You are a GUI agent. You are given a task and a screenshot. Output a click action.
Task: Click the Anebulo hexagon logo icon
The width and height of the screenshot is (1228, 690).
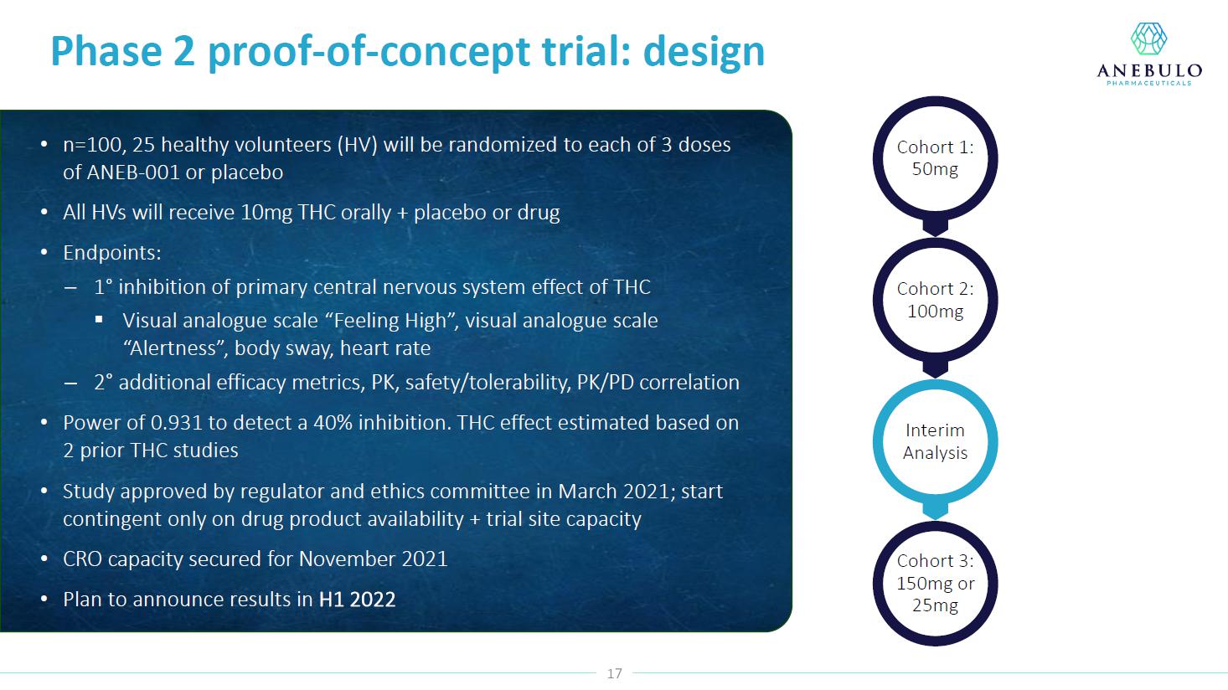pos(1149,39)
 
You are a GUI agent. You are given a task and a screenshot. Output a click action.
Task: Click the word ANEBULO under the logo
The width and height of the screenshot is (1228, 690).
pos(1149,70)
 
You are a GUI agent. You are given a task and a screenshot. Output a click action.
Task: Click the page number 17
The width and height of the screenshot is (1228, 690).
pos(615,673)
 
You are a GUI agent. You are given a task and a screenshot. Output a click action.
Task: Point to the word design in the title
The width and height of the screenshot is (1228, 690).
pos(704,52)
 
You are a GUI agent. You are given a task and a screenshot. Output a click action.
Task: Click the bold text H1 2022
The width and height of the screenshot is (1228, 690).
pos(357,599)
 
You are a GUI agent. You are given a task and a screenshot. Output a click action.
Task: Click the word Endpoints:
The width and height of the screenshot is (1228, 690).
pos(112,253)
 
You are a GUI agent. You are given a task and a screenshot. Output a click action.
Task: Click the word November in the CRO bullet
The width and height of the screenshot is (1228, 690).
pos(347,559)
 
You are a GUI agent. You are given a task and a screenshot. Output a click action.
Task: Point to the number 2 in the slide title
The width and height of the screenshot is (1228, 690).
pos(184,52)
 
